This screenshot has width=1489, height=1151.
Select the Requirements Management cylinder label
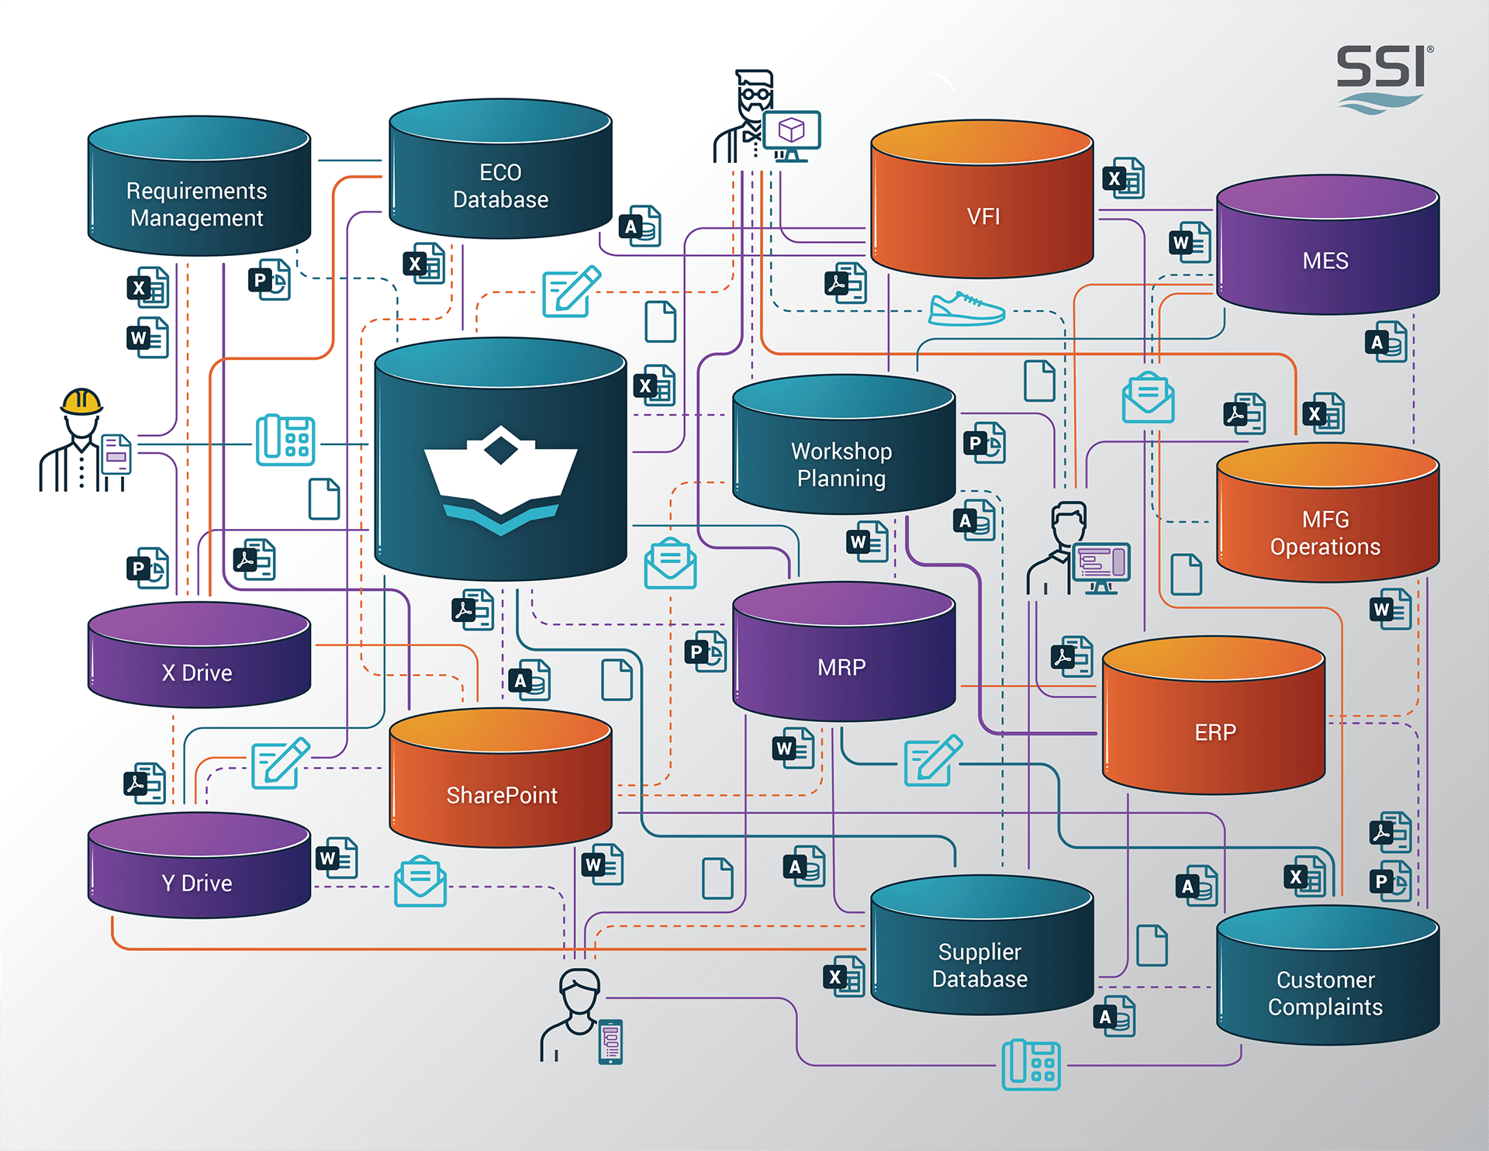coord(197,205)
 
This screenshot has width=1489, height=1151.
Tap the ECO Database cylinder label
coord(500,186)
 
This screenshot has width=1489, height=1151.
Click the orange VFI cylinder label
coord(983,216)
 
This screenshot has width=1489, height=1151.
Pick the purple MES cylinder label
coord(1325,261)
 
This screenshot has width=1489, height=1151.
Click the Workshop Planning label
coord(841,465)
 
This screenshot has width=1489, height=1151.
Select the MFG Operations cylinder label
coord(1325,533)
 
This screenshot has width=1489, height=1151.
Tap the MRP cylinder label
coord(841,667)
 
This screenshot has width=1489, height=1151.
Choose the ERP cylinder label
coord(1215,732)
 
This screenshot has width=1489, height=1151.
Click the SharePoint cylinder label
coord(502,795)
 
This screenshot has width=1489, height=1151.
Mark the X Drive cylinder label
coord(197,672)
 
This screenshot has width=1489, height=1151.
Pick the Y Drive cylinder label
coord(197,883)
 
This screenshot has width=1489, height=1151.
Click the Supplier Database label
coord(980,966)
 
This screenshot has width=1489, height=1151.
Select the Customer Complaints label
coord(1325,994)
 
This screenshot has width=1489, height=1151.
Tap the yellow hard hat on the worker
coord(81,401)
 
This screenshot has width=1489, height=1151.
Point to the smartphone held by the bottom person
coord(611,1041)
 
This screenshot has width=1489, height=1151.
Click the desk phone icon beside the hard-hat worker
coord(285,440)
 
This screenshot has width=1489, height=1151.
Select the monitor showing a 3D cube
coord(792,130)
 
